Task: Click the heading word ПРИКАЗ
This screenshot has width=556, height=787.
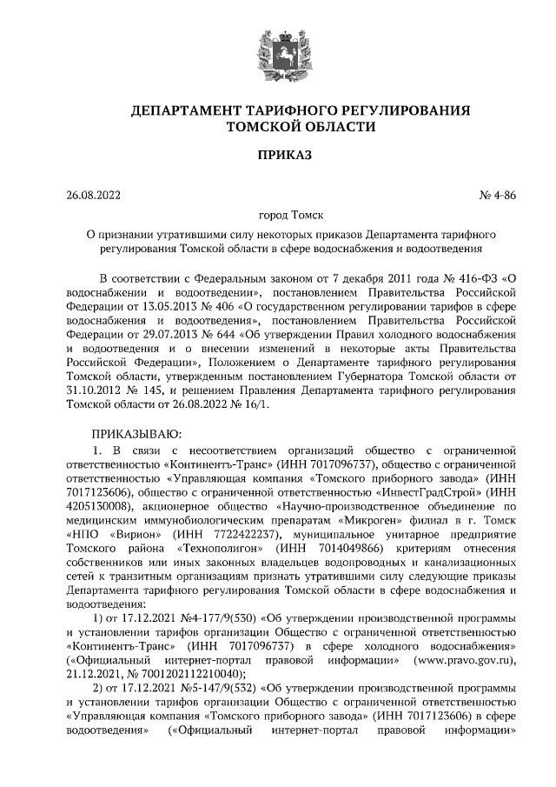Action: click(x=277, y=156)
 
